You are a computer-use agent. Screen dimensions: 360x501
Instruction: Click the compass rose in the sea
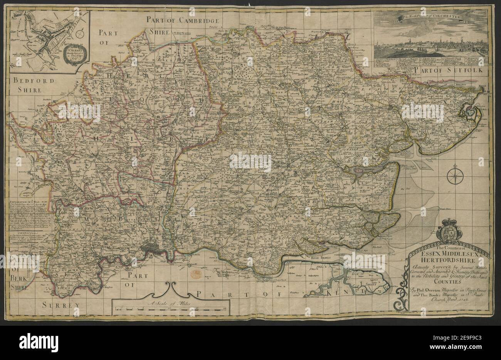click(x=454, y=176)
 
